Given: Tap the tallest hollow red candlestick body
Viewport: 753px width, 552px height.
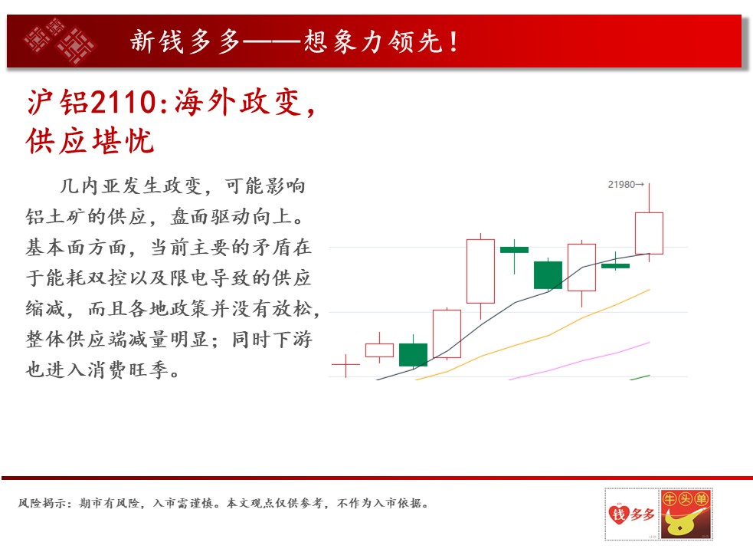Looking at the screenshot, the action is point(481,271).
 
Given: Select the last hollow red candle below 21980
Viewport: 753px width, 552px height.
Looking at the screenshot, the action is point(650,233).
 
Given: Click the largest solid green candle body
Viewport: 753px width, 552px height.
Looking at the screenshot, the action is point(548,275).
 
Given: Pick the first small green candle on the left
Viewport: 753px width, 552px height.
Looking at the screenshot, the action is point(413,355).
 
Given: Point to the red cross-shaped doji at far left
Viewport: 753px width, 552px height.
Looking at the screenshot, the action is point(345,366).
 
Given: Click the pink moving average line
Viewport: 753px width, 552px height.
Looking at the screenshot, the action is point(579,361).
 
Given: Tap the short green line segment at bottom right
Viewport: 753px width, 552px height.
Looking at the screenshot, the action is point(640,377).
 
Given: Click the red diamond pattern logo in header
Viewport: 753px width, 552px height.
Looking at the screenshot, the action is point(60,41).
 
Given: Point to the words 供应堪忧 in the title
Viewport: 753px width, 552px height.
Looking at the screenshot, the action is point(90,141).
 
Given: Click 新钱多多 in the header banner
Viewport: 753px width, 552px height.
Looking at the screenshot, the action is point(185,41).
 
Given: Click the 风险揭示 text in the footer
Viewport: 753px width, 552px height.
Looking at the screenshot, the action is point(41,503).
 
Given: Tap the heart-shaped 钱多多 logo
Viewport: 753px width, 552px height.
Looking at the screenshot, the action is point(631,514).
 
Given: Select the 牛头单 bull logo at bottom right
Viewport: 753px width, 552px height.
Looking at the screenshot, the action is point(686,514).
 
